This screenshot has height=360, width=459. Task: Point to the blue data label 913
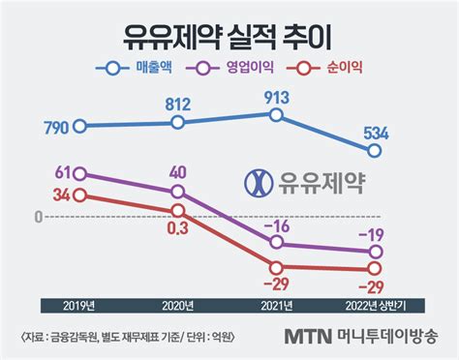click(277, 97)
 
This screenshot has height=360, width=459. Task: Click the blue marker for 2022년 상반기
click(375, 150)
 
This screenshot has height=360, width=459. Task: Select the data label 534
click(376, 131)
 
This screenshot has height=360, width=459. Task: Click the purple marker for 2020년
click(178, 191)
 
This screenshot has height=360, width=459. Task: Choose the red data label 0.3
click(177, 227)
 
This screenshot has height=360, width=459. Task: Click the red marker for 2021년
click(277, 268)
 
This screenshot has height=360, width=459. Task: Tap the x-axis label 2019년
click(79, 306)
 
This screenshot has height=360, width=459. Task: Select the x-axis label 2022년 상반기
click(374, 306)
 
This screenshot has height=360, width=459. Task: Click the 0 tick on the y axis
click(36, 217)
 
